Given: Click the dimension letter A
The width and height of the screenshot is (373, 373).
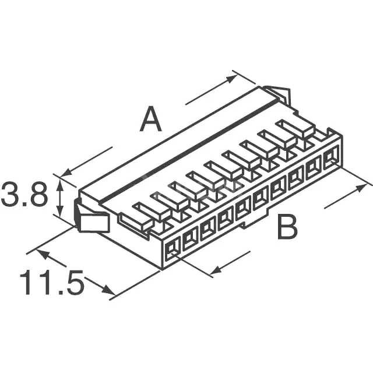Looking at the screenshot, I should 151,121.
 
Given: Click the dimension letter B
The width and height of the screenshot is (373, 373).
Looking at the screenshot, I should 286,228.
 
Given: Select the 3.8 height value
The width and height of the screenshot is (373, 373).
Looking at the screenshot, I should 24,196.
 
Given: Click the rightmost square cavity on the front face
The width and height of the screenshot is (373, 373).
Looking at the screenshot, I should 330,156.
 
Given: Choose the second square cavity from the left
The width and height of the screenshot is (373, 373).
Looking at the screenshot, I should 189,240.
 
